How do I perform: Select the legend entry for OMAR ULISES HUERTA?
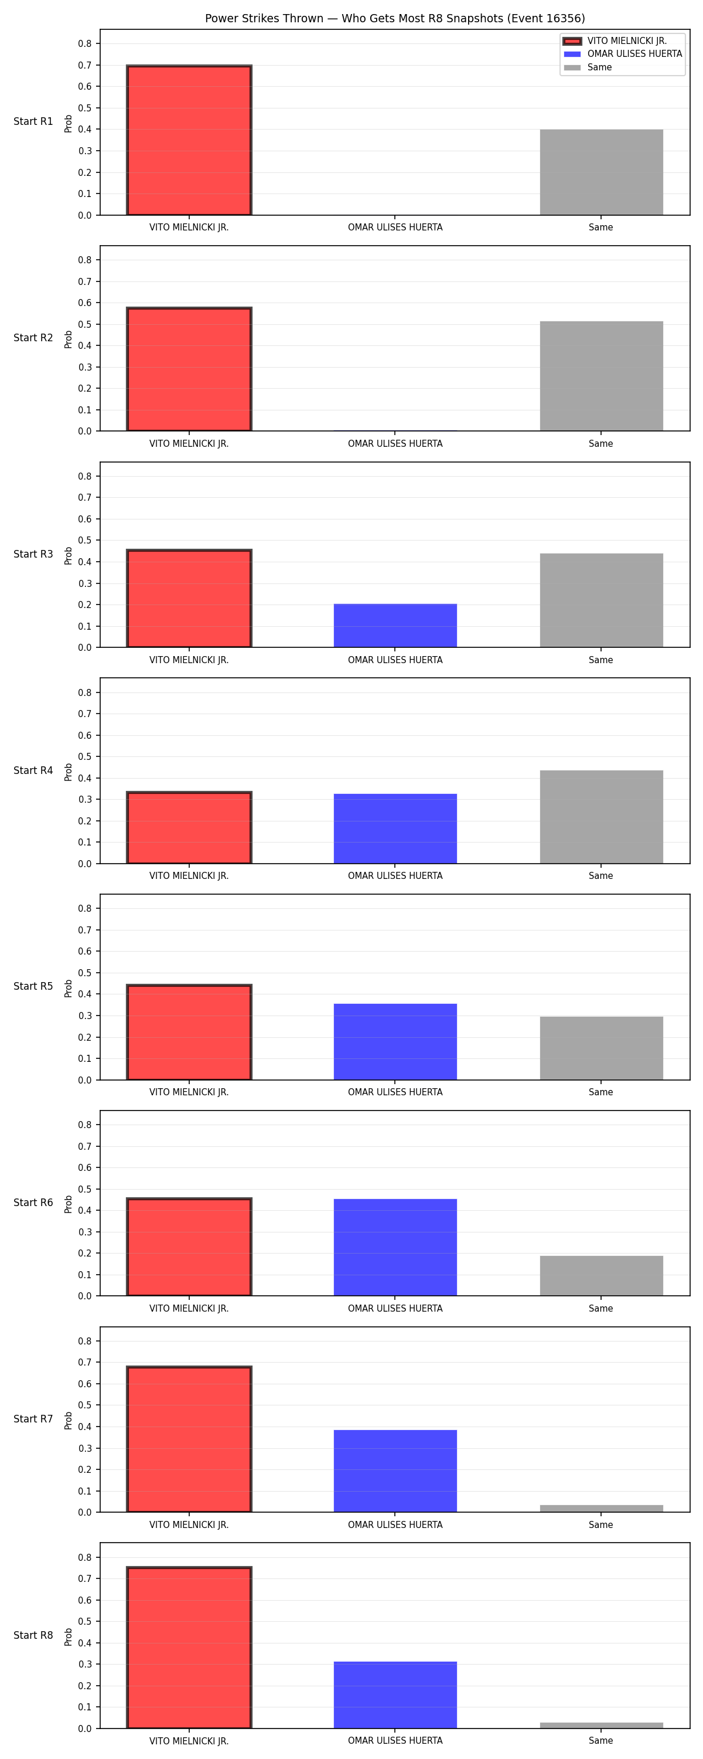(x=623, y=54)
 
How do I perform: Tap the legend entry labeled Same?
(x=588, y=67)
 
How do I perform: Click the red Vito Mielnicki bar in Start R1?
(x=189, y=140)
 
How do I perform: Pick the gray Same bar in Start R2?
(x=601, y=376)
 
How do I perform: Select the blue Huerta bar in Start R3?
(x=395, y=626)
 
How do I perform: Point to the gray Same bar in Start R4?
(x=601, y=817)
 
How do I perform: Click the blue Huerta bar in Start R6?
(x=395, y=1248)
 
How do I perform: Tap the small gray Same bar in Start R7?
(x=601, y=1509)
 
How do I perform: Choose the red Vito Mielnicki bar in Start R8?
(x=189, y=1648)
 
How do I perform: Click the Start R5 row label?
(x=33, y=987)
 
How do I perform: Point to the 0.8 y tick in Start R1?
(x=84, y=44)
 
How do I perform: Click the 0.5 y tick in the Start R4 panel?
(x=84, y=756)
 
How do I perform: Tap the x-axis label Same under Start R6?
(x=600, y=1308)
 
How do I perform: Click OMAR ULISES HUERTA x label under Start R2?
(x=395, y=444)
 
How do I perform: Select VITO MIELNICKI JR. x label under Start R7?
(x=189, y=1525)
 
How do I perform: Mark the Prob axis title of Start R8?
(x=69, y=1637)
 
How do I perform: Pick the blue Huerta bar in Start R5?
(x=395, y=1042)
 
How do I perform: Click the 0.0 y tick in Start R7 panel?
(x=84, y=1513)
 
